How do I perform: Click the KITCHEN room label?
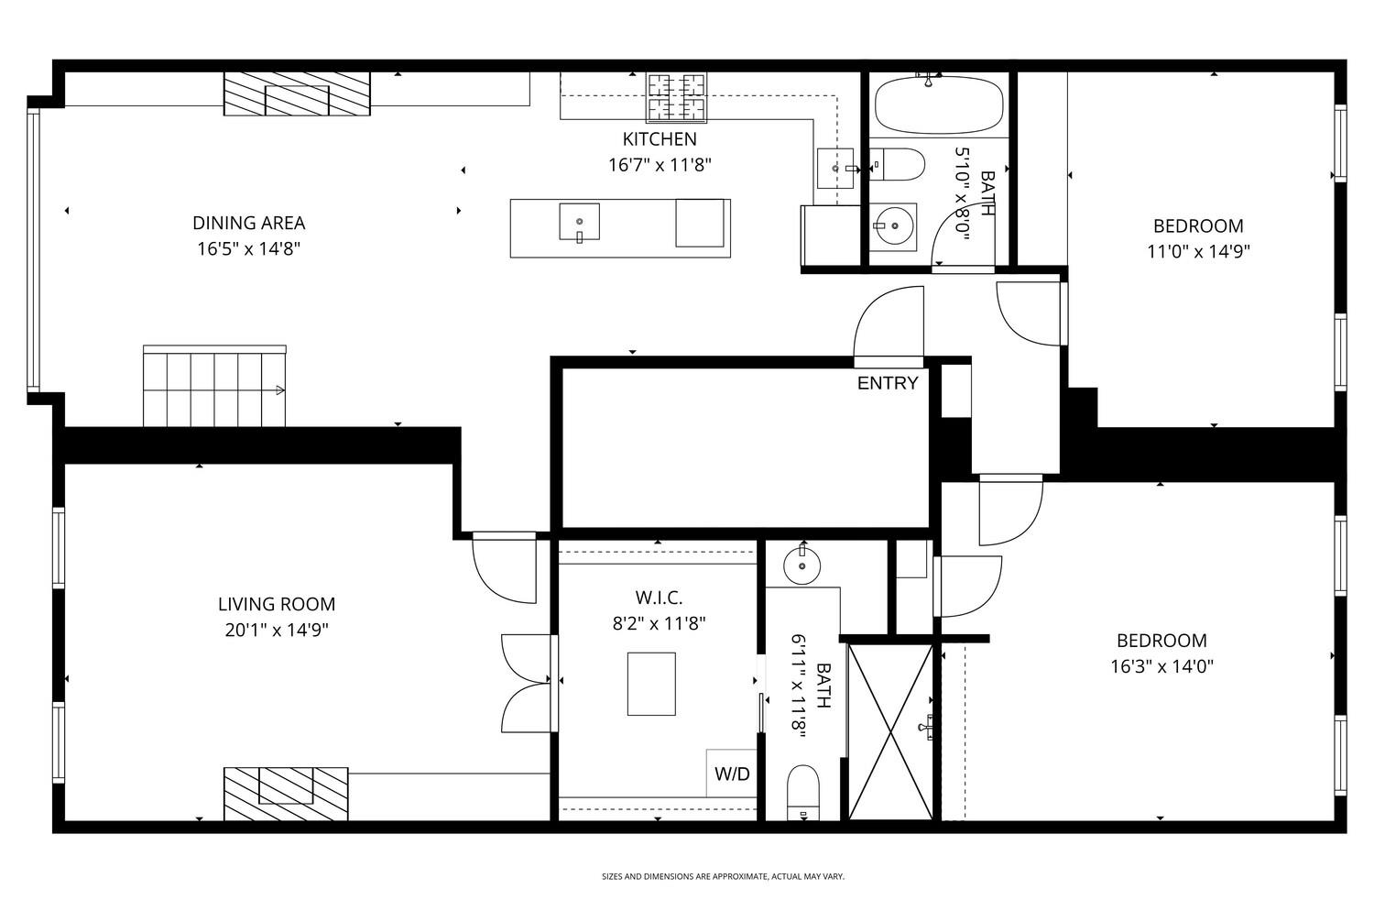click(x=660, y=139)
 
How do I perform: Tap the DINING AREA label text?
click(x=248, y=223)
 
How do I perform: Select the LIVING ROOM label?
click(x=276, y=604)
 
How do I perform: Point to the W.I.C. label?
click(x=659, y=598)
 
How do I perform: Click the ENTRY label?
click(x=887, y=383)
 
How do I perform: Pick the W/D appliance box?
click(x=731, y=774)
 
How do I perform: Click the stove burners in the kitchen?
click(x=678, y=97)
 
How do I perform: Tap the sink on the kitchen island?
click(x=579, y=222)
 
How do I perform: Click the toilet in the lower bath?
click(x=803, y=791)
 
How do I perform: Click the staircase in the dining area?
click(x=214, y=387)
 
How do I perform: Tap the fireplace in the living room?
click(x=286, y=793)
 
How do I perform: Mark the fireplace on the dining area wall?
click(x=297, y=93)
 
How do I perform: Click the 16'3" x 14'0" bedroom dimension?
click(x=1161, y=666)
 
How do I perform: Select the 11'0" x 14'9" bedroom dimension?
click(x=1198, y=251)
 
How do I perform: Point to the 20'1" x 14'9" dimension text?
click(x=276, y=630)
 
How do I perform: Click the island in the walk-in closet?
click(x=651, y=684)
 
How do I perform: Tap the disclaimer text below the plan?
click(x=723, y=877)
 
